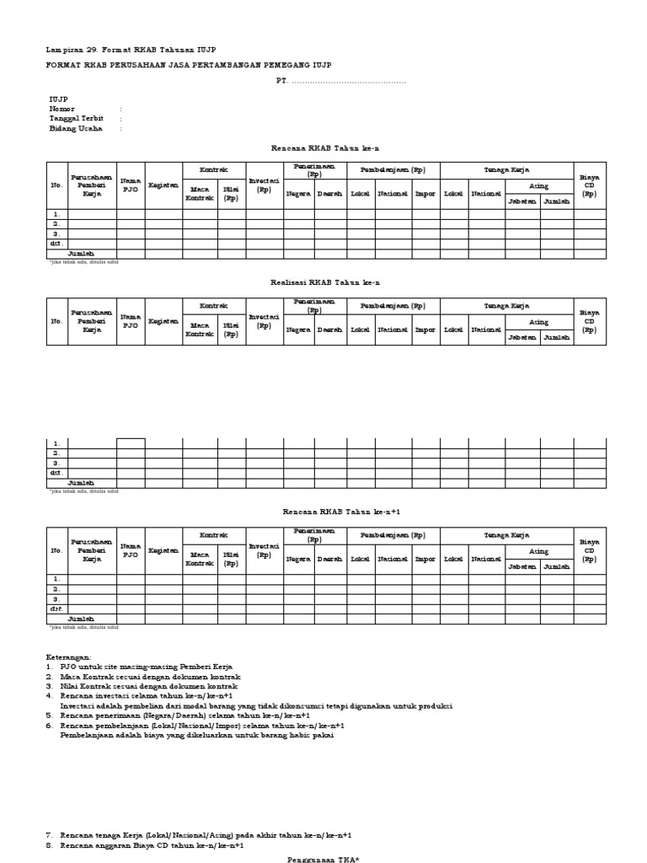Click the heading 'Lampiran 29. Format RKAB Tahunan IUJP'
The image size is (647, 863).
coord(136,50)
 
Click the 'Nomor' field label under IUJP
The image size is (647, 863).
coord(62,109)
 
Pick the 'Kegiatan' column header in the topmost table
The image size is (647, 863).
coord(163,185)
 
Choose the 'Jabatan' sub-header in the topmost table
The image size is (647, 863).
coord(521,201)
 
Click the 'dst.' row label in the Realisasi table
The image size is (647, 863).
coord(56,473)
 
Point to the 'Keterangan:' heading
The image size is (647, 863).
coord(71,657)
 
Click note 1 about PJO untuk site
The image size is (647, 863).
coord(139,667)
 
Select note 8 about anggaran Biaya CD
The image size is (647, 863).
coord(152,844)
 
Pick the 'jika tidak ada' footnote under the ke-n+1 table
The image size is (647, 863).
coord(83,628)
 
